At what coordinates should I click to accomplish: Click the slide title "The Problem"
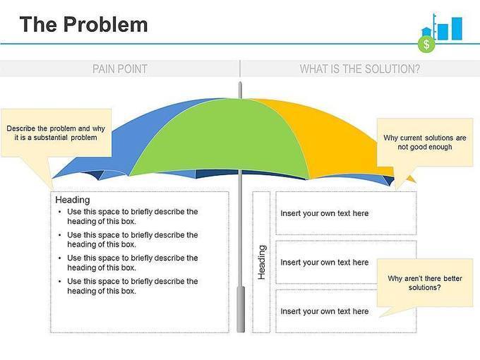[83, 25]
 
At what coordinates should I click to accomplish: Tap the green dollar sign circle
[426, 44]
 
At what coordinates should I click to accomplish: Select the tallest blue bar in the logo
[457, 29]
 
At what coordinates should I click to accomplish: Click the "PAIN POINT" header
[120, 69]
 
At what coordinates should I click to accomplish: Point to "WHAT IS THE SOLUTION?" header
[360, 69]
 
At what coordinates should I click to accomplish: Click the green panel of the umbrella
[219, 138]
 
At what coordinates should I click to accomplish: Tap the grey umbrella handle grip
[241, 309]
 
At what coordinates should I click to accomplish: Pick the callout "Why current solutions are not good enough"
[425, 143]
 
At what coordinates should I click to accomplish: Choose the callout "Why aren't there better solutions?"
[425, 283]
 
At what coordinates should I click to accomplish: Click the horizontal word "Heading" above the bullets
[73, 200]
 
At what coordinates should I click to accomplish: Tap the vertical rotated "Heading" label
[262, 263]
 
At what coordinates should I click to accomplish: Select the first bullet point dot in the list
[60, 212]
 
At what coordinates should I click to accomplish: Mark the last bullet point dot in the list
[60, 281]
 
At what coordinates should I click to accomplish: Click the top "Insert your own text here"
[325, 213]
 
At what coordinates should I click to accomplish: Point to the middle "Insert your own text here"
[325, 263]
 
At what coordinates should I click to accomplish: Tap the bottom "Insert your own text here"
[325, 311]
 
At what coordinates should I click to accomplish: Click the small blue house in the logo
[426, 32]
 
